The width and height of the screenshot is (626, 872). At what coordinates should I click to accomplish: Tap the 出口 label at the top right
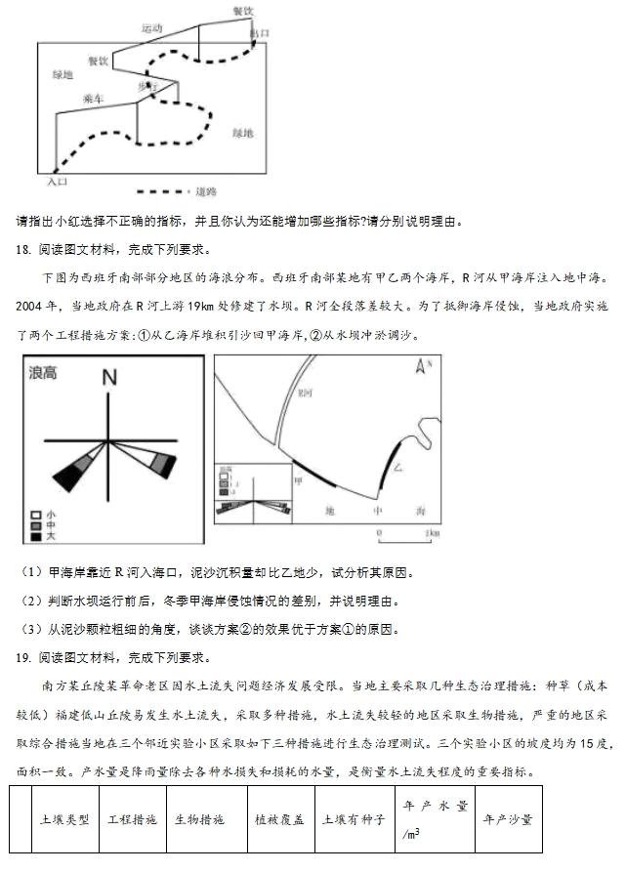pyautogui.click(x=259, y=33)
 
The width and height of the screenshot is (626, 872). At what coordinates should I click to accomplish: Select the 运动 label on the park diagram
pyautogui.click(x=151, y=29)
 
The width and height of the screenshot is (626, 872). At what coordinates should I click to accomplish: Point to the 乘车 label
pyautogui.click(x=94, y=99)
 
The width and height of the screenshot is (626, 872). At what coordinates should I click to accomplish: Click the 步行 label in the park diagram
pyautogui.click(x=147, y=87)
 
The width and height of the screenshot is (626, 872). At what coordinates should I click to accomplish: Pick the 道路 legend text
pyautogui.click(x=206, y=192)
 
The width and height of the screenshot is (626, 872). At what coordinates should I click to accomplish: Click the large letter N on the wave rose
pyautogui.click(x=109, y=377)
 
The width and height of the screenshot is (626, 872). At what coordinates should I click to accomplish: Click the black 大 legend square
pyautogui.click(x=35, y=536)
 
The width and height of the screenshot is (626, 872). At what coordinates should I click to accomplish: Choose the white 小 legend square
pyautogui.click(x=35, y=515)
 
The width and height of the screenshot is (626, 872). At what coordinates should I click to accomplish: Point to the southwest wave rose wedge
pyautogui.click(x=71, y=472)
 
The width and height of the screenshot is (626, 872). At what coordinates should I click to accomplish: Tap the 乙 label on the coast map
pyautogui.click(x=397, y=468)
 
